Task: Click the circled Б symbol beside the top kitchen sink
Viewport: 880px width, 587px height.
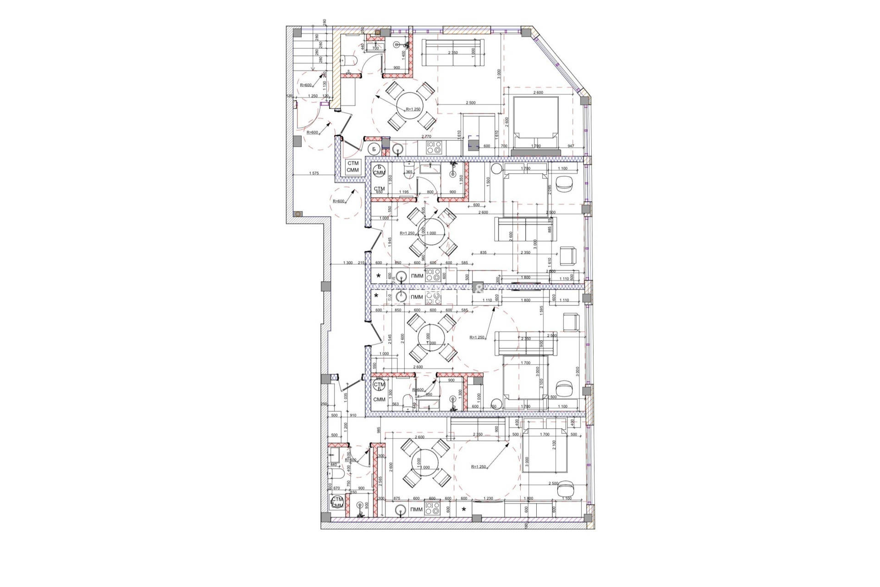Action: tap(374, 149)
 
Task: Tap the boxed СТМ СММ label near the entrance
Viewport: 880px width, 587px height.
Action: tap(353, 166)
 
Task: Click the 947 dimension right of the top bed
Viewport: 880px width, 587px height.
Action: tap(571, 146)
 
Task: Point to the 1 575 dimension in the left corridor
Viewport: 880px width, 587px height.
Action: tap(314, 173)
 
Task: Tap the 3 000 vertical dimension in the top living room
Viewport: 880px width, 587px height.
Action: tap(499, 75)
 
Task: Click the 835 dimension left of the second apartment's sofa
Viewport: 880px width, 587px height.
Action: tap(483, 253)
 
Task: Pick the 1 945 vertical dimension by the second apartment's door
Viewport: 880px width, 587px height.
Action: tap(390, 242)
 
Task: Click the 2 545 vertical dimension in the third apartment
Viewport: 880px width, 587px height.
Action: tap(390, 339)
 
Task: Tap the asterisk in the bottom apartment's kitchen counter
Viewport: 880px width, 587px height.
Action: tap(464, 509)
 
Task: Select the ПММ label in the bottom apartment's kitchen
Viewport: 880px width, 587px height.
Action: tap(416, 509)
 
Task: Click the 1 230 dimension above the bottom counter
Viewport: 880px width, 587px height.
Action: tap(488, 498)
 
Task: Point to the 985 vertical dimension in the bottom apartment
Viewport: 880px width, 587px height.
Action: tap(379, 430)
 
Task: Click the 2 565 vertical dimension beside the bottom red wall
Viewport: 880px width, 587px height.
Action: tap(380, 481)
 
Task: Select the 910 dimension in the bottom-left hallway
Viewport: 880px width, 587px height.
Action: tap(353, 415)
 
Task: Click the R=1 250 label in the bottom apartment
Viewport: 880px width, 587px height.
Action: tap(478, 467)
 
